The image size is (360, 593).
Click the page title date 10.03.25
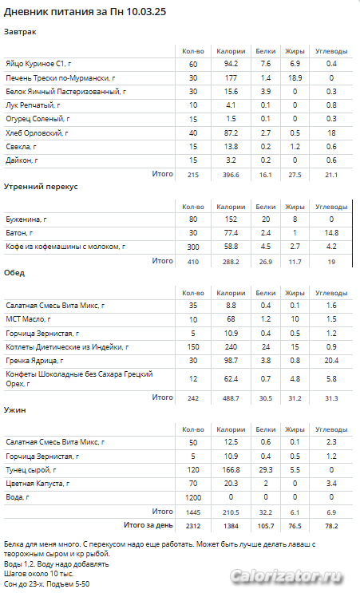(x=146, y=12)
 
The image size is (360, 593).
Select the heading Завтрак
(x=20, y=32)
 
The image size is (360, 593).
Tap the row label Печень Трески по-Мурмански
(x=61, y=78)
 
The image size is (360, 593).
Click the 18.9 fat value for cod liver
(x=295, y=78)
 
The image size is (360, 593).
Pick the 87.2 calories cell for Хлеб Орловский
(x=231, y=132)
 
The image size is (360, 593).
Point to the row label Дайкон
(x=22, y=160)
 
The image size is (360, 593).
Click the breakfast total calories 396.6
(x=231, y=175)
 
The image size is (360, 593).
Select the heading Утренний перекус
(x=41, y=187)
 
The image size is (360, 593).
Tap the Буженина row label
(x=26, y=219)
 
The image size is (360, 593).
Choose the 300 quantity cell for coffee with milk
(x=193, y=247)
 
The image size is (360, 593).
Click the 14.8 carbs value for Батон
(x=331, y=233)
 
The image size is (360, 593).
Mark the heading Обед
(x=14, y=273)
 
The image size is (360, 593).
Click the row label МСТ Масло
(x=28, y=319)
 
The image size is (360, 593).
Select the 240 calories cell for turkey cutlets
(x=231, y=347)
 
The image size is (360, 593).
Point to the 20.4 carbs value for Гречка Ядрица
(x=331, y=361)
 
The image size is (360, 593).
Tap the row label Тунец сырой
(x=31, y=470)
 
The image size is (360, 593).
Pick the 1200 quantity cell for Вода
(x=193, y=498)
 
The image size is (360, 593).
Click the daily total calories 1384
(x=231, y=526)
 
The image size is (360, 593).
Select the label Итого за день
(x=148, y=525)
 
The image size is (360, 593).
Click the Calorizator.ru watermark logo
(x=287, y=577)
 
